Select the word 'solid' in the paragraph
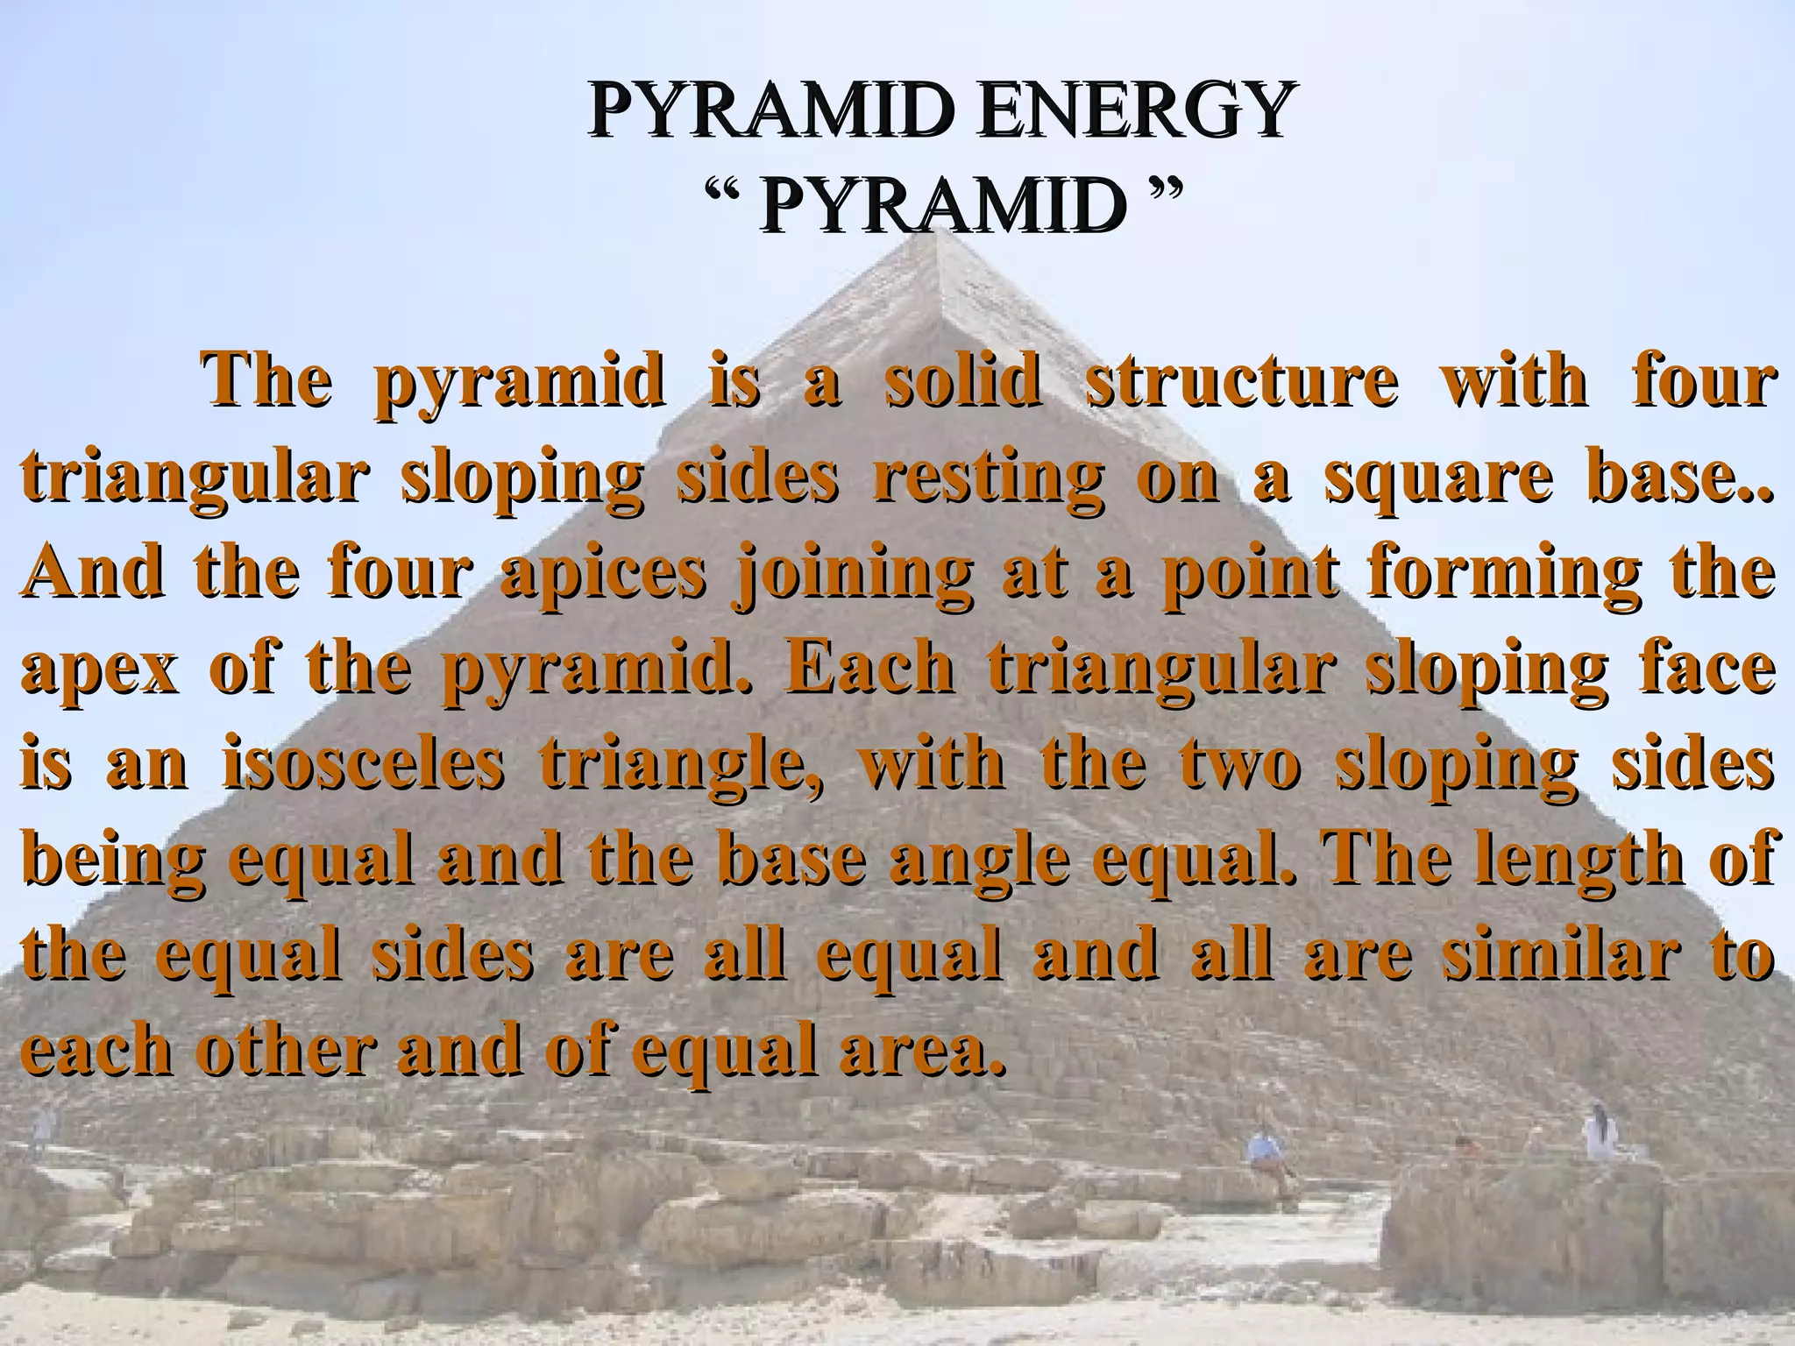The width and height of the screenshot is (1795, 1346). click(x=961, y=383)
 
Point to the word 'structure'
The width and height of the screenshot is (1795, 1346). click(x=1242, y=383)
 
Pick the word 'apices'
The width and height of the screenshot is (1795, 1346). click(x=603, y=574)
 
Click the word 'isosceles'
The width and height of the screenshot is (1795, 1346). click(x=364, y=764)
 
